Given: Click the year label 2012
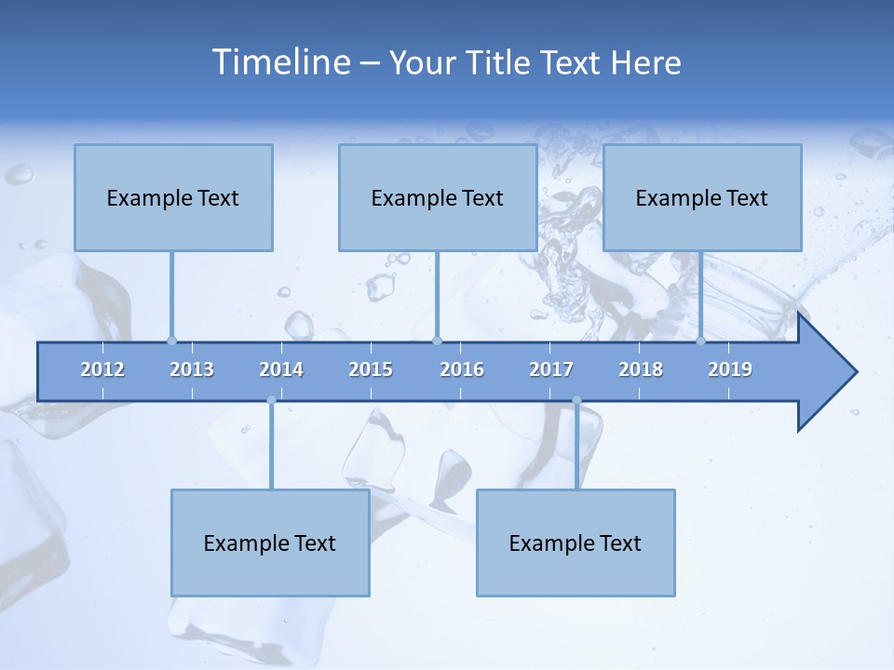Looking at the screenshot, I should coord(102,369).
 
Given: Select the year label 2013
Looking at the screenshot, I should coord(192,369).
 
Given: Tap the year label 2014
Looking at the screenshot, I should coord(281,369).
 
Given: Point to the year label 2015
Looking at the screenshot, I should coord(371,369).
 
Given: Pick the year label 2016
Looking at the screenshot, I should coord(462,369).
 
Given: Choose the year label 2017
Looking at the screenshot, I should coord(551,369).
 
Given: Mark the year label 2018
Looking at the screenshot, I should coord(641,369).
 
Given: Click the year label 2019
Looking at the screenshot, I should coord(730,369).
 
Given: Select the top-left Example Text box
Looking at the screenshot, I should coord(173,197).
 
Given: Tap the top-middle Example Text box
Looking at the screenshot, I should coord(438,197).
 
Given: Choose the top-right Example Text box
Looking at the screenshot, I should coord(702,197).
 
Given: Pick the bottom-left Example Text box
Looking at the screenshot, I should coord(270,543).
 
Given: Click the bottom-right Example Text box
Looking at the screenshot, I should coord(576,543).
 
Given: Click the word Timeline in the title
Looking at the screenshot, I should coord(280,62).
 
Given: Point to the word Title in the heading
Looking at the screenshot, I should coord(501,63).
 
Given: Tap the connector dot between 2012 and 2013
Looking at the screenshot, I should coord(171,341).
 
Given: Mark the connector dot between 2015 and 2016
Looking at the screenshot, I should coord(437,341).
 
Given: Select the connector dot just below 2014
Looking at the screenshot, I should coord(271,400).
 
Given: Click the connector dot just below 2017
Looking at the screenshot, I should coord(576,400).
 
